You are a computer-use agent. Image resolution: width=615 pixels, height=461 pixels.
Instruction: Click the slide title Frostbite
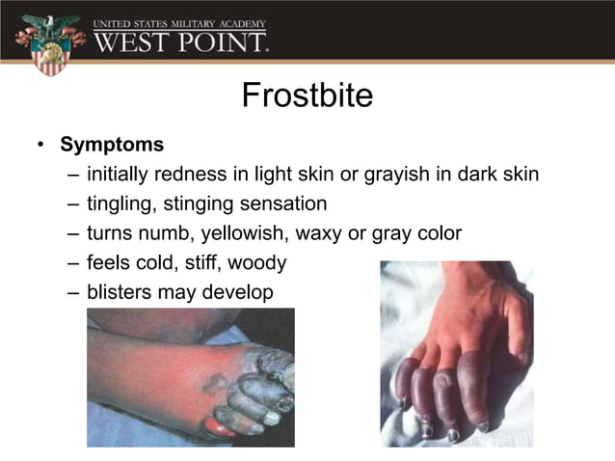pyautogui.click(x=307, y=96)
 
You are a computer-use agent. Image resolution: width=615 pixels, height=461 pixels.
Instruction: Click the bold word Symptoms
pyautogui.click(x=112, y=145)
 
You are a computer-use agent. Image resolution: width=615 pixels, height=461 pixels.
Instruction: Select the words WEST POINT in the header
pyautogui.click(x=180, y=42)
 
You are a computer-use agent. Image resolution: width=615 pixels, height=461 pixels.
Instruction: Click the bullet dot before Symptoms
pyautogui.click(x=41, y=146)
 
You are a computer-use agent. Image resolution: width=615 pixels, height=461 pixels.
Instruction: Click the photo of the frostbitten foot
pyautogui.click(x=190, y=377)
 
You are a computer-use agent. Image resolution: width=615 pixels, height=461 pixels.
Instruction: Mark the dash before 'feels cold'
pyautogui.click(x=75, y=262)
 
